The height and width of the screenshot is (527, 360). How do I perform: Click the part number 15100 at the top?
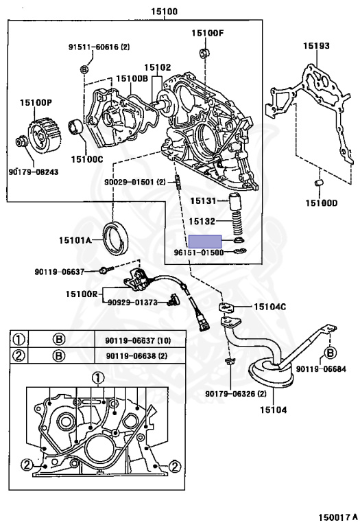click(164, 12)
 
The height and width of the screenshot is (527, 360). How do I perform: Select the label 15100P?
click(36, 102)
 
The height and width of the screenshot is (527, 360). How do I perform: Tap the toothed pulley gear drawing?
click(45, 133)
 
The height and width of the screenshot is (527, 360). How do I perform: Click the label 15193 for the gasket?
click(316, 45)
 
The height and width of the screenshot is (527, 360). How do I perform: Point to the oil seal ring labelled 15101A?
click(115, 238)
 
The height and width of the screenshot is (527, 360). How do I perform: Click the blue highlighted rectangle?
click(205, 242)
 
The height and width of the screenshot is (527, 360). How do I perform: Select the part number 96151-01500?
click(198, 252)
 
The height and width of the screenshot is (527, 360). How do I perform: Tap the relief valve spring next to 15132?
click(237, 224)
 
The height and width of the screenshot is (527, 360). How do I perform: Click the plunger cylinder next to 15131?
click(235, 201)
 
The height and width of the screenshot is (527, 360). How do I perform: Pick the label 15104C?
click(269, 307)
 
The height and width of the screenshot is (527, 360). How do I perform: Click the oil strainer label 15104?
click(274, 410)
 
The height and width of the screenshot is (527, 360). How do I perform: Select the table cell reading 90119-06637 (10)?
click(138, 341)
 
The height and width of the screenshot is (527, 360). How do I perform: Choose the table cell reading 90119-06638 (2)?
click(136, 355)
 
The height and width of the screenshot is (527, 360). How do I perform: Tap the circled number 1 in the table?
click(19, 340)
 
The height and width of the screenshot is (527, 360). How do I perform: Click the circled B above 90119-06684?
click(330, 353)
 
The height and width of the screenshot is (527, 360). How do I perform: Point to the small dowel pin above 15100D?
click(319, 183)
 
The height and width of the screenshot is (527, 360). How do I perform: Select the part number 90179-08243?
click(33, 172)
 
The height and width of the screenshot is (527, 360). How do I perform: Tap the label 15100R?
click(82, 294)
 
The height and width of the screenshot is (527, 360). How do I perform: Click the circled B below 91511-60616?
click(84, 69)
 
